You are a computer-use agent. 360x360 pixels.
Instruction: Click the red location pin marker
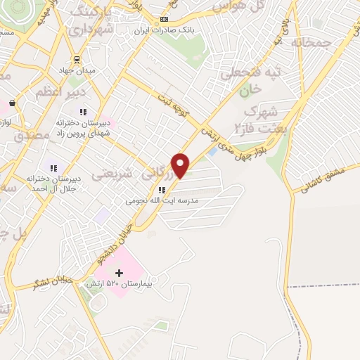point(181,165)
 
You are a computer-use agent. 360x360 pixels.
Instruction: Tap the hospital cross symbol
point(118,273)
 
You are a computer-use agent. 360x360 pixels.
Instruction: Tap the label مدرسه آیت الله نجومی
point(162,200)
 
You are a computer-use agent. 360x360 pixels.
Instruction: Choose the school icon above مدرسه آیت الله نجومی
point(162,189)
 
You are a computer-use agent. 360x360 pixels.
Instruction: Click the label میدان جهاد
point(78,71)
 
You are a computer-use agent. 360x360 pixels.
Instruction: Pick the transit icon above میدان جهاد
point(78,60)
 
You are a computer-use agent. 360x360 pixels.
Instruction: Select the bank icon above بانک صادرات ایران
point(165,19)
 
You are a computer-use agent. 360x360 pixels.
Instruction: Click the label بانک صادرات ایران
point(165,30)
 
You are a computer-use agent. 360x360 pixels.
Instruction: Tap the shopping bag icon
point(12,103)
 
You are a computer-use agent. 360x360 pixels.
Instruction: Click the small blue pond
point(212,153)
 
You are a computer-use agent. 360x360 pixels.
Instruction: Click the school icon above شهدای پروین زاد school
point(82,111)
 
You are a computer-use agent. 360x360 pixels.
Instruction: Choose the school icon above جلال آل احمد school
point(53,167)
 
